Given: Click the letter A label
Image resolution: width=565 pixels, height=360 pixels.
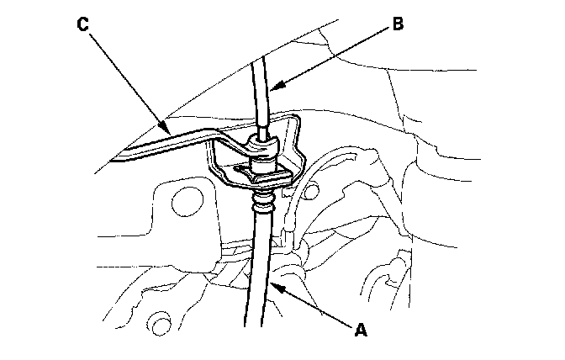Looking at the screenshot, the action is [360, 331].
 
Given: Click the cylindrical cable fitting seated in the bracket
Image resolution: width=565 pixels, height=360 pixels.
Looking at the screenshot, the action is [266, 160].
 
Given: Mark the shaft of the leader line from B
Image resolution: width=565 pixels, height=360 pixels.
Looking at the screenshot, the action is [332, 55].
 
